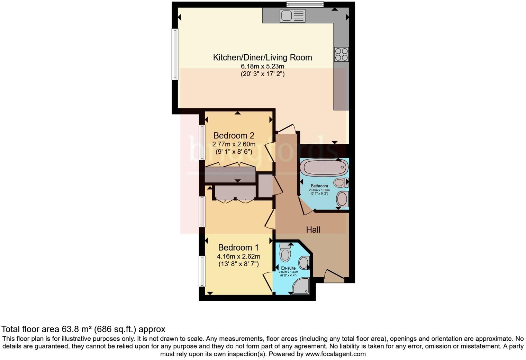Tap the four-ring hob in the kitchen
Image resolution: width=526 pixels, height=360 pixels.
point(341,54)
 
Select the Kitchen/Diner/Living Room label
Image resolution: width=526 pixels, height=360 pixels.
point(262,57)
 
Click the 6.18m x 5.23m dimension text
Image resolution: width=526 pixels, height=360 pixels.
point(262,66)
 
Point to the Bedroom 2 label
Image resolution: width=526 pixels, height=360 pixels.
point(234,135)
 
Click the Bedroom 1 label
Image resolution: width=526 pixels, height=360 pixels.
point(238,247)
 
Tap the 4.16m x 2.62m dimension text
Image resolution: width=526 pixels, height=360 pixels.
point(238,256)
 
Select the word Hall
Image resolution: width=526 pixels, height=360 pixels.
point(313,229)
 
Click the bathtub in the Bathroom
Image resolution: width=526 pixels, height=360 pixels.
point(324,168)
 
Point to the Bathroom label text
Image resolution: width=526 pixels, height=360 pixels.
point(319,186)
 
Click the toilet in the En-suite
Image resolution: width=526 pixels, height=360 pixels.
point(285,253)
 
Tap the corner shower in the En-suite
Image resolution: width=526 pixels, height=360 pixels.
point(301,287)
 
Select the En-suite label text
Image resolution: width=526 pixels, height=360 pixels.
point(288,268)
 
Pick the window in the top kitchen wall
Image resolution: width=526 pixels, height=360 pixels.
point(305,4)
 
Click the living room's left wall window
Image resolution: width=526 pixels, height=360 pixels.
point(175,54)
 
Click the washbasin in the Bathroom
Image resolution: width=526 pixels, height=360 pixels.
point(342,199)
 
